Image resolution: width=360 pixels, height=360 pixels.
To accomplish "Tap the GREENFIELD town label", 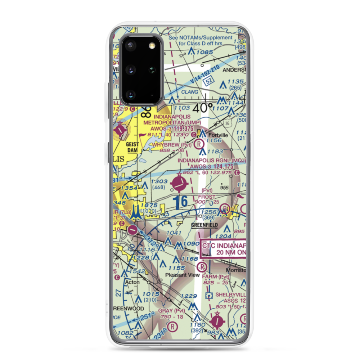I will pos(204,225).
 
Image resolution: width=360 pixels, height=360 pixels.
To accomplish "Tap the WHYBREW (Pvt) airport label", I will pos(171,144).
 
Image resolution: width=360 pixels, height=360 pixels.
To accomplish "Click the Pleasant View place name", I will pos(182,275).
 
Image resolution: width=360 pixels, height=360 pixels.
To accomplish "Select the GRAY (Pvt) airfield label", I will pos(171,311).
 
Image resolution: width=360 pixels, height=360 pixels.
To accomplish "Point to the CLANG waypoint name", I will pos(190,92).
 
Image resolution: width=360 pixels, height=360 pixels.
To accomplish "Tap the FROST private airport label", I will pos(207,197).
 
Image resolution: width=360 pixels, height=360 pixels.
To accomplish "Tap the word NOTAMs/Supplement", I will pos(212,38).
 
